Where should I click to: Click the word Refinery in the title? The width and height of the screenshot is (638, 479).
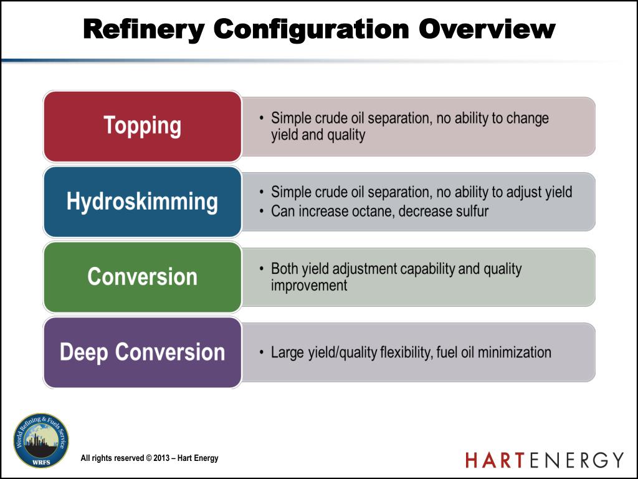(143, 29)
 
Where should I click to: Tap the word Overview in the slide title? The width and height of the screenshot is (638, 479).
(487, 29)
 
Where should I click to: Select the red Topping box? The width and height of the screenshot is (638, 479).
(142, 126)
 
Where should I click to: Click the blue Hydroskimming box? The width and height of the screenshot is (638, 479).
(142, 201)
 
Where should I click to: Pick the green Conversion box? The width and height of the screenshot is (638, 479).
(142, 277)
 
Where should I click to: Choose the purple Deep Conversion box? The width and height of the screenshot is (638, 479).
(142, 352)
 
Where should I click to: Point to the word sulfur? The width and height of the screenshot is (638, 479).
(469, 211)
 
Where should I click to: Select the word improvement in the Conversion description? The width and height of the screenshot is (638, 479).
(309, 286)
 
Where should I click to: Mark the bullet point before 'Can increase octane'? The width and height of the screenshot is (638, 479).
(262, 211)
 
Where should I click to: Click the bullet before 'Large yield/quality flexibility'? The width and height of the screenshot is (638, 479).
(262, 352)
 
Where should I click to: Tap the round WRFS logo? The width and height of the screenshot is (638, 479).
(41, 440)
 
